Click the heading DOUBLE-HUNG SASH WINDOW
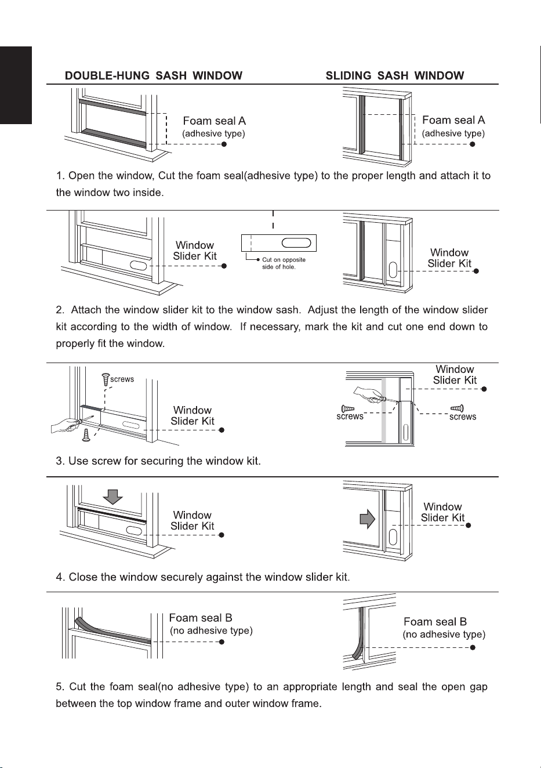[154, 75]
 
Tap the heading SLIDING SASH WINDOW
[395, 75]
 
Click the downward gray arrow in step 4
[112, 497]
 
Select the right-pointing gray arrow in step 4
[367, 519]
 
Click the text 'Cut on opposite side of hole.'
[284, 263]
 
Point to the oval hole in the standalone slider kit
[296, 242]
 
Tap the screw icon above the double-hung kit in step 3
[106, 380]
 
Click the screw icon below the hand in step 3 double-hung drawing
[86, 435]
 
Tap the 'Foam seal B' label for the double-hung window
[201, 618]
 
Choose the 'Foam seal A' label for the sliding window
[453, 120]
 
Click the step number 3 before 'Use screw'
[60, 461]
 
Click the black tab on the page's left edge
[16, 85]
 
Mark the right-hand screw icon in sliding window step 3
[457, 408]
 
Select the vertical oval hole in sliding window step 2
[393, 270]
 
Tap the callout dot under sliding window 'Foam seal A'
[472, 144]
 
